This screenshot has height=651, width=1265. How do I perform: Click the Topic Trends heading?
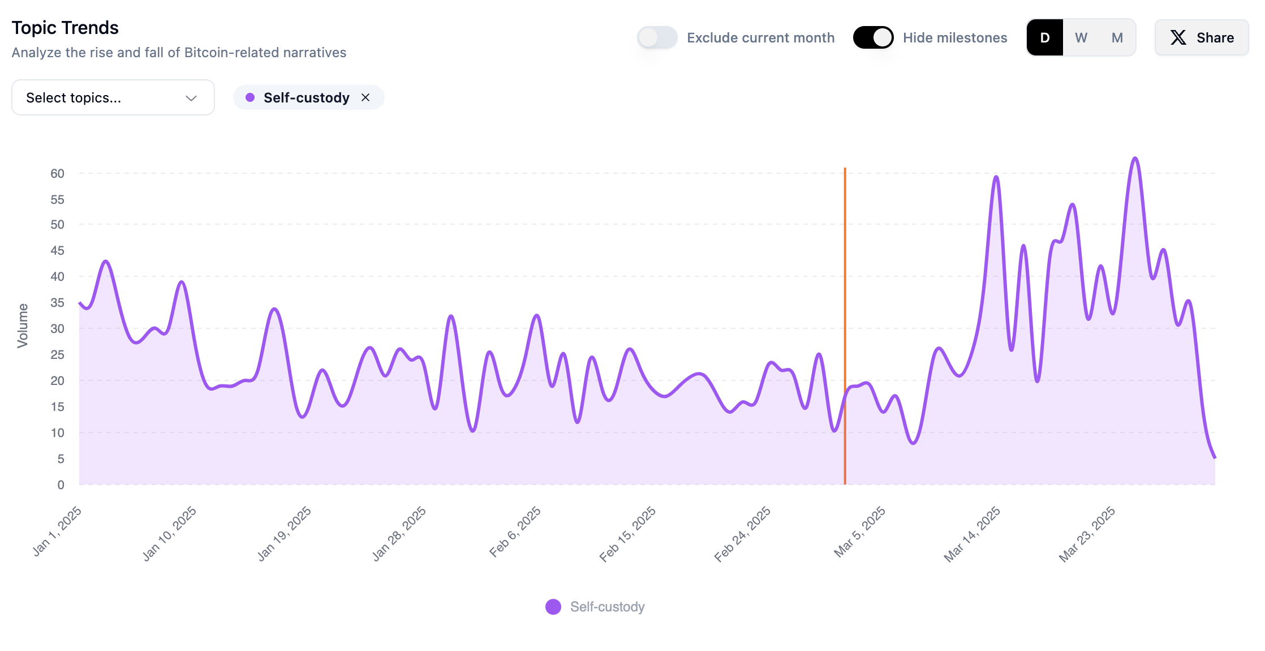point(65,28)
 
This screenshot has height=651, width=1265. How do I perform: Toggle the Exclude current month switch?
point(657,38)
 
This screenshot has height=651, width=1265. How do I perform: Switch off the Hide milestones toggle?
point(873,38)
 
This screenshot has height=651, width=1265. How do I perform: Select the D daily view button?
point(1044,38)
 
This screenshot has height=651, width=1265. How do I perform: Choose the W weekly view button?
point(1081,38)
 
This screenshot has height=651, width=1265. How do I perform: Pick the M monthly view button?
point(1117,38)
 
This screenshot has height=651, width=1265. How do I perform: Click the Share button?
point(1201,38)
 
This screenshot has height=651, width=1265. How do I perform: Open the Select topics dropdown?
point(113,98)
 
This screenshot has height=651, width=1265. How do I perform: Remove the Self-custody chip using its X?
point(365,98)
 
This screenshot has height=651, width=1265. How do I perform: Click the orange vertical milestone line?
point(845,283)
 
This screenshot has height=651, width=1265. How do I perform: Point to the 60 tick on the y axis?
point(57,174)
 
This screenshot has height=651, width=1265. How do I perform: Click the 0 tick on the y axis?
point(61,485)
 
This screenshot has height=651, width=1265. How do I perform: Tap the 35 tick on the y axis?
point(57,303)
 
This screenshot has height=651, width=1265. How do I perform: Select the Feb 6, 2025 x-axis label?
point(515,532)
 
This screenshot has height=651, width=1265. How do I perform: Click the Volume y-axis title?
point(23,325)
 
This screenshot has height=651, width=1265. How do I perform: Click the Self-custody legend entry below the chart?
point(595,607)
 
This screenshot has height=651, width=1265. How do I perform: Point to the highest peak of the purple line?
point(1135,159)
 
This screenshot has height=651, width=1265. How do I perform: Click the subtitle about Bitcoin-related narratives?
point(179,53)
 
